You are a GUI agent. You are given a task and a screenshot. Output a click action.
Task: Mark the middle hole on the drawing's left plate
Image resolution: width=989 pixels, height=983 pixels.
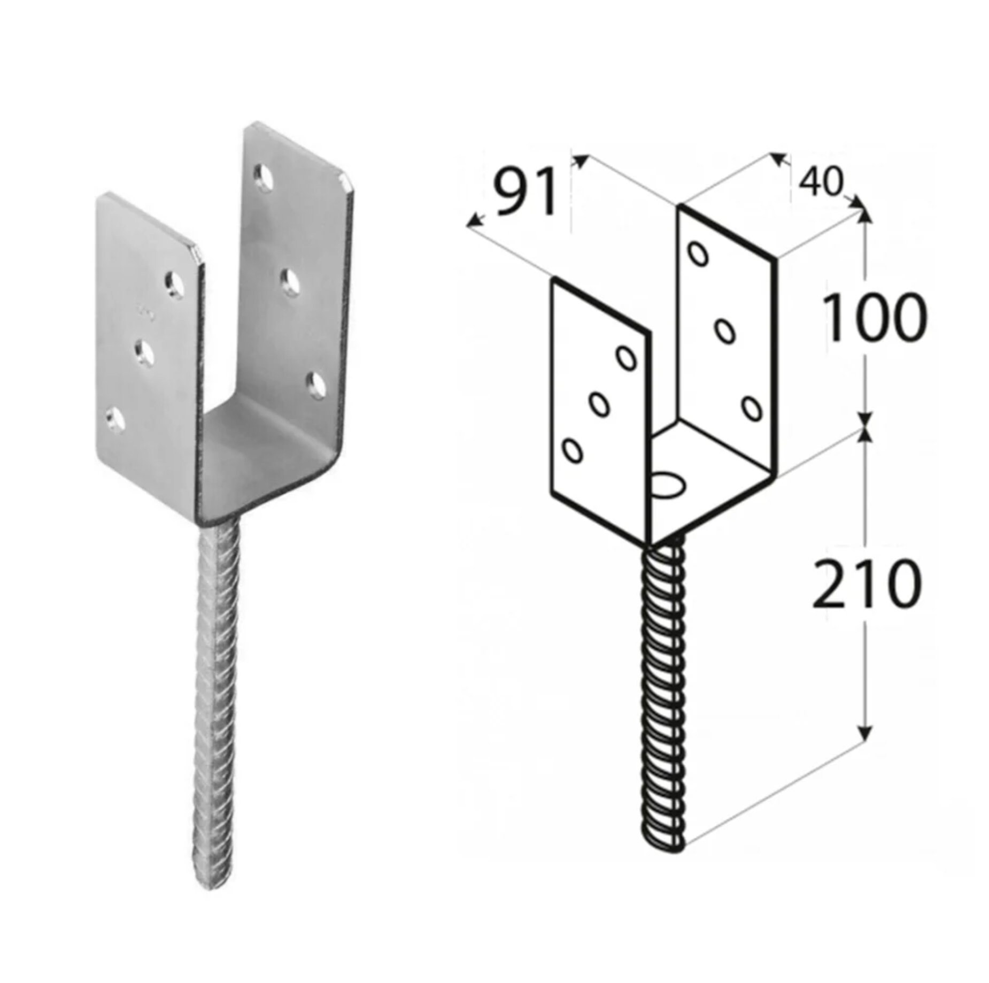click(599, 403)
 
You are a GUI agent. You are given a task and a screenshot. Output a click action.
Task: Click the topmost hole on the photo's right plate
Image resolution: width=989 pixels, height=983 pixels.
click(262, 175)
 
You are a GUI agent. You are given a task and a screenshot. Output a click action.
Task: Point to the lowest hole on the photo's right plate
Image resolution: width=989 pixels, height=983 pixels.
click(316, 383)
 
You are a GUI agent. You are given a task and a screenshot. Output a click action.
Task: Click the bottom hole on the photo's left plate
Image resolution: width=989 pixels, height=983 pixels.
click(115, 418)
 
